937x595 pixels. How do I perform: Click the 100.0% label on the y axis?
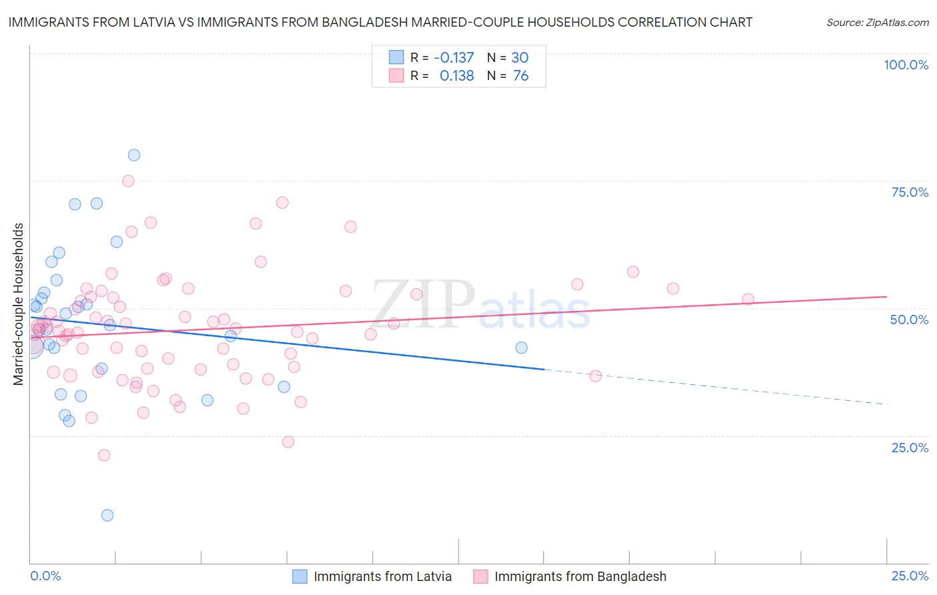click(906, 65)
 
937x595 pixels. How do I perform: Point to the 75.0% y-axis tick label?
click(910, 192)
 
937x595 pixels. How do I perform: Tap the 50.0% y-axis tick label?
click(909, 320)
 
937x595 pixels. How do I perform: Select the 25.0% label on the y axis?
click(910, 448)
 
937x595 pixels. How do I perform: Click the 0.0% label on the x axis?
click(45, 576)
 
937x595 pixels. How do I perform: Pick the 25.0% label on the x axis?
click(910, 576)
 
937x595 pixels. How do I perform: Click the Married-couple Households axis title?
click(19, 304)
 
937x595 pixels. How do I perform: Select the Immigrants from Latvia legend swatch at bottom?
click(300, 576)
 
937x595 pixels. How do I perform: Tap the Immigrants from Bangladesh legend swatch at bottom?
click(480, 576)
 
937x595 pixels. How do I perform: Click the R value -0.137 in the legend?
click(453, 57)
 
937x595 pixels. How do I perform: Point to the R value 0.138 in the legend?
click(457, 76)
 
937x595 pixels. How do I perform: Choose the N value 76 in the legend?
click(520, 76)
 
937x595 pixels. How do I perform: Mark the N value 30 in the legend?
click(520, 57)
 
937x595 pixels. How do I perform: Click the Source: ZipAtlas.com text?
click(877, 23)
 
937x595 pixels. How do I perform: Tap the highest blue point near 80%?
click(134, 155)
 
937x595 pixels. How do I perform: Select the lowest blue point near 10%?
click(107, 515)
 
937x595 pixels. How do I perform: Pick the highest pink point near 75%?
click(128, 181)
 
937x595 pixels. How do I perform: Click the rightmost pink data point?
click(748, 299)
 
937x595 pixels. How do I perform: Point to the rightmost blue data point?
click(521, 348)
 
